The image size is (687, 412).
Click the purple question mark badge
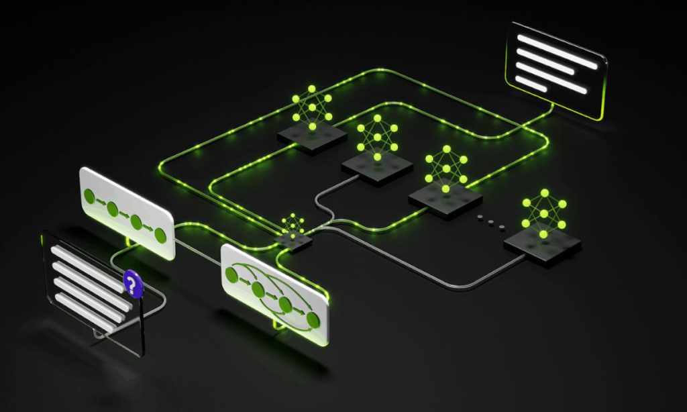pos(134,284)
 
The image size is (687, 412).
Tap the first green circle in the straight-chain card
pos(89,197)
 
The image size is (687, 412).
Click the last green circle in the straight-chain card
pos(160,234)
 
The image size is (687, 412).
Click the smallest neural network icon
pos(293,224)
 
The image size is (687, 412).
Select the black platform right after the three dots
pos(542,246)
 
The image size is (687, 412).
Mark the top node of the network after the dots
pos(544,193)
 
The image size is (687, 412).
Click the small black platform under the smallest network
pos(293,241)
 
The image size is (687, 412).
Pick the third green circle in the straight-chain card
pos(137,222)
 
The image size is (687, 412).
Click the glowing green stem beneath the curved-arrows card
pos(277,325)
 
